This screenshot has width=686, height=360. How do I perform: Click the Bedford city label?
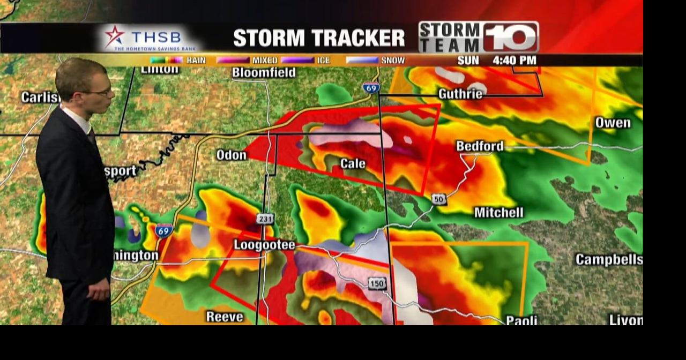pyautogui.click(x=480, y=146)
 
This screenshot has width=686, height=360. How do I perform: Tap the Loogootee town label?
pyautogui.click(x=264, y=245)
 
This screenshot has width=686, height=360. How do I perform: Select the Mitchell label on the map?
pyautogui.click(x=498, y=213)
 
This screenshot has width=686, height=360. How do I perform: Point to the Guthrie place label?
pyautogui.click(x=460, y=94)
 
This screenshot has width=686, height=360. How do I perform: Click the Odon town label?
pyautogui.click(x=231, y=155)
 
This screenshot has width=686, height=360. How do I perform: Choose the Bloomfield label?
pyautogui.click(x=264, y=73)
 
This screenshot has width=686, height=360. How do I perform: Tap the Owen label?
pyautogui.click(x=613, y=123)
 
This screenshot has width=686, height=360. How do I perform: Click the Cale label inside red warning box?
pyautogui.click(x=353, y=164)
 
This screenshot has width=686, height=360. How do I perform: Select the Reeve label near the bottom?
pyautogui.click(x=225, y=317)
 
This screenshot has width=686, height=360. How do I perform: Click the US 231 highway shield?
pyautogui.click(x=265, y=219)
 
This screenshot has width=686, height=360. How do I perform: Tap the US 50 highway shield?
pyautogui.click(x=439, y=199)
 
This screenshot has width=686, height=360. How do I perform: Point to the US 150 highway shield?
pyautogui.click(x=377, y=283)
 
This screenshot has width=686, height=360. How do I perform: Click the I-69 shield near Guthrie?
pyautogui.click(x=371, y=88)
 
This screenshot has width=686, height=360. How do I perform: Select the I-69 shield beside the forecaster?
pyautogui.click(x=164, y=231)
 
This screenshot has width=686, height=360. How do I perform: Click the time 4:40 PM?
pyautogui.click(x=514, y=61)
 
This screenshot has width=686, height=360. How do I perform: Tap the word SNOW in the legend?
pyautogui.click(x=392, y=61)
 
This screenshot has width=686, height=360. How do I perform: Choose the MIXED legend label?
pyautogui.click(x=265, y=61)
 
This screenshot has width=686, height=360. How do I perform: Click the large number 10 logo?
pyautogui.click(x=511, y=37)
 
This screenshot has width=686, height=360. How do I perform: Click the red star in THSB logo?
pyautogui.click(x=114, y=36)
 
